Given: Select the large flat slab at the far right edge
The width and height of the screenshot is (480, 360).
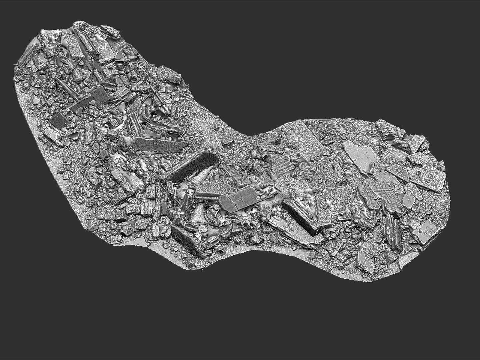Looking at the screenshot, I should [430, 177].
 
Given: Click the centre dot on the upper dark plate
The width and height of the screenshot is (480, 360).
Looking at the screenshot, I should [100, 94].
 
